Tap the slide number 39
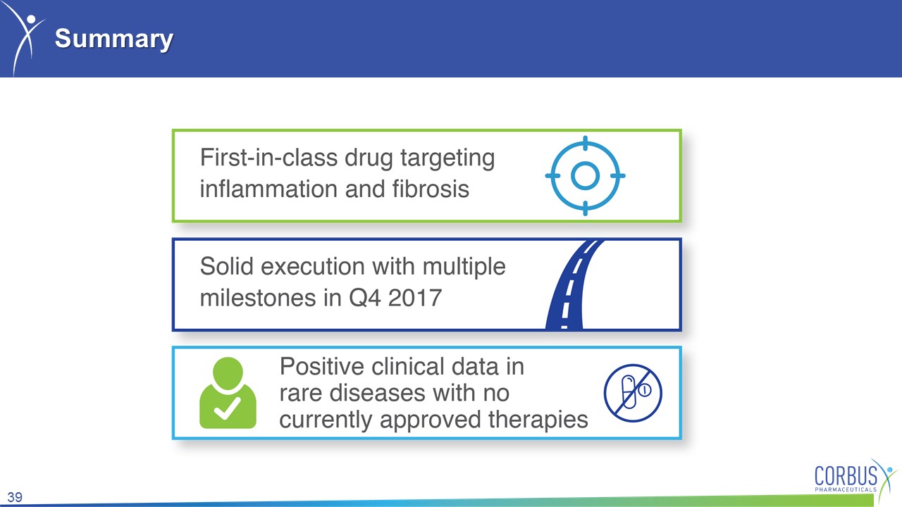[15, 497]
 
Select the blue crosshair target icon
[585, 176]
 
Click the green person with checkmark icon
[228, 393]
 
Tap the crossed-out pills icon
[633, 393]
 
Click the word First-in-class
[268, 157]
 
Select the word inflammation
[268, 189]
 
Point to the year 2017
[415, 298]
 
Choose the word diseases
[377, 393]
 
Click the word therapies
[538, 420]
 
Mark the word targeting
[447, 158]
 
